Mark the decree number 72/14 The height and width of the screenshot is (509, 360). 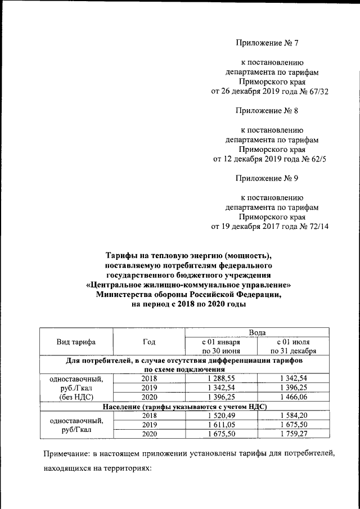click(315, 227)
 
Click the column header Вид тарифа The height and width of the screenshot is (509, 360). click(76, 342)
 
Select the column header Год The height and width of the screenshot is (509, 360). click(148, 342)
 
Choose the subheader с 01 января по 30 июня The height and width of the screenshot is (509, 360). click(220, 346)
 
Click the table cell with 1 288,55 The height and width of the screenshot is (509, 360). click(220, 379)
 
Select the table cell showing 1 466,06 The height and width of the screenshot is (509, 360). click(293, 397)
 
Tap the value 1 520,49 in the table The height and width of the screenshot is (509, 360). click(220, 415)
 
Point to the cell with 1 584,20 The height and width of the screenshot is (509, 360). click(293, 415)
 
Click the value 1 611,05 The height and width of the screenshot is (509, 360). click(220, 424)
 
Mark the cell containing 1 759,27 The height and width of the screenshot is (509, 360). click(293, 433)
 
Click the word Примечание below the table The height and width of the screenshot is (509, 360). click(69, 453)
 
